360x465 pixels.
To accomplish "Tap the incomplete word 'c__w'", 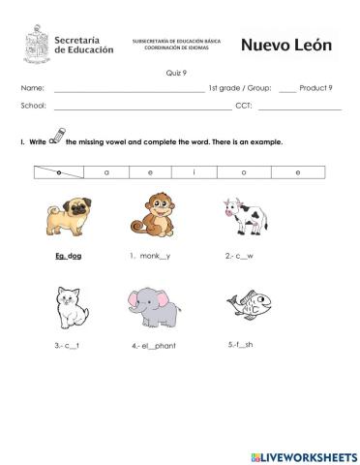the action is coord(240,257).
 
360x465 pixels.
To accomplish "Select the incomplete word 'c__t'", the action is coord(66,343).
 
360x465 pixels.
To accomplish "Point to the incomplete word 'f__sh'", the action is coord(241,344).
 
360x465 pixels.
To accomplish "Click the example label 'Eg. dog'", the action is coord(68,257).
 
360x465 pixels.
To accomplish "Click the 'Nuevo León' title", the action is coord(285,45).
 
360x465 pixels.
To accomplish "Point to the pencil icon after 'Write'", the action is coord(56,136).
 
